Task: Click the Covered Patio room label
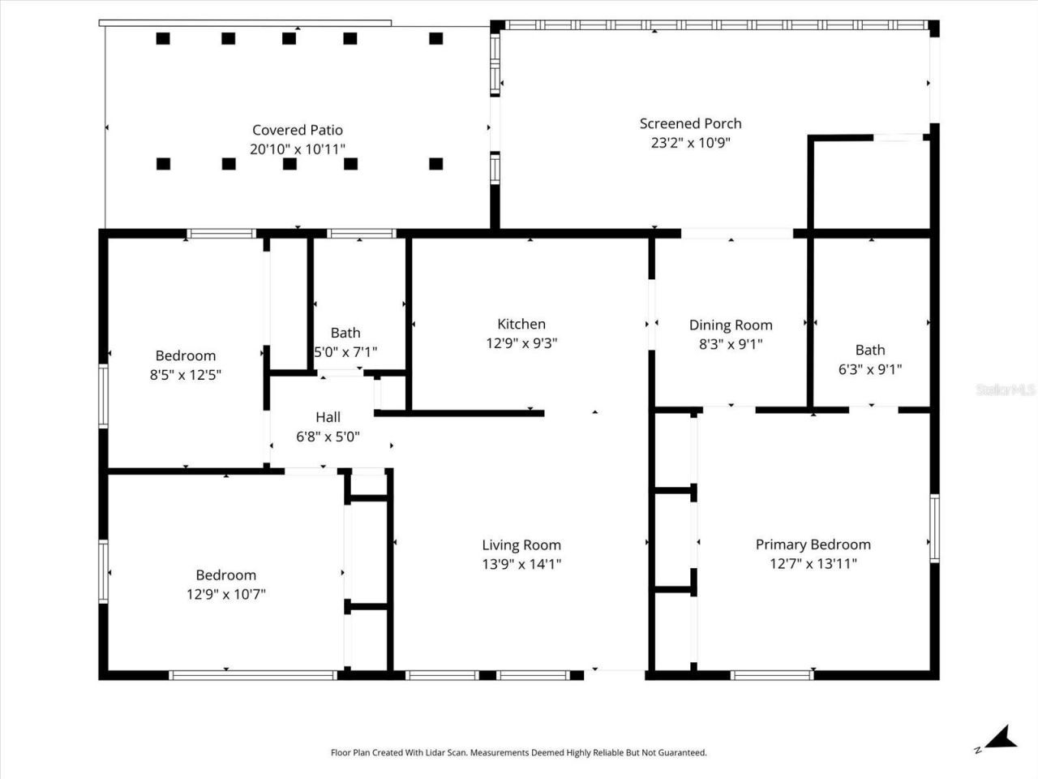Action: click(x=297, y=130)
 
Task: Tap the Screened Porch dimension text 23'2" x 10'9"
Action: click(x=690, y=143)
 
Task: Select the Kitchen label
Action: click(x=521, y=324)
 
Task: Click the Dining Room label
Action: click(x=731, y=325)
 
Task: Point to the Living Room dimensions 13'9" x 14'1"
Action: click(x=521, y=564)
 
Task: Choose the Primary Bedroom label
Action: click(x=813, y=544)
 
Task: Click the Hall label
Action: click(x=328, y=417)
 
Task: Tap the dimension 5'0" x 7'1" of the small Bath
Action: click(x=345, y=352)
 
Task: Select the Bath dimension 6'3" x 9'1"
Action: click(x=870, y=369)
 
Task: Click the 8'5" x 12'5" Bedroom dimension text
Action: click(x=186, y=375)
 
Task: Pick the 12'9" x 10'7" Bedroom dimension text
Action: click(x=226, y=594)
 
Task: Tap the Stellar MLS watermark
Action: click(x=1006, y=389)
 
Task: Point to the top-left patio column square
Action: click(x=163, y=38)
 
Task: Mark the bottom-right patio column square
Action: click(x=435, y=164)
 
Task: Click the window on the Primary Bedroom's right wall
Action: click(x=934, y=528)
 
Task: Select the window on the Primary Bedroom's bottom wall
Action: click(x=771, y=674)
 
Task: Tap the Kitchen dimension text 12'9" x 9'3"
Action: click(x=521, y=343)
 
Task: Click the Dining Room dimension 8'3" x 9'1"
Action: click(x=731, y=344)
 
